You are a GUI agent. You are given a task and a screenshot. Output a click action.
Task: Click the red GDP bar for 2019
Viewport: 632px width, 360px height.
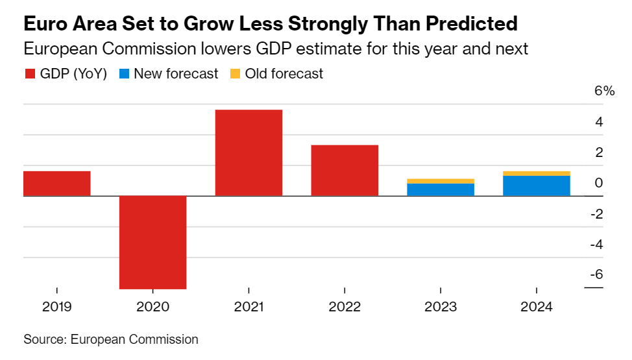(x=57, y=183)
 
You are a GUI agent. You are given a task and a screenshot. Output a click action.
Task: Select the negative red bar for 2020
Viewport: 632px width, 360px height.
(x=153, y=242)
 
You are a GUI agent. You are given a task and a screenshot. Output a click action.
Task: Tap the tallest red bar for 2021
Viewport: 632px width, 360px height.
(x=249, y=152)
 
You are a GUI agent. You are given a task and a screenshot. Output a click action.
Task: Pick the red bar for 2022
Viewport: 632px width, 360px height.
(x=345, y=170)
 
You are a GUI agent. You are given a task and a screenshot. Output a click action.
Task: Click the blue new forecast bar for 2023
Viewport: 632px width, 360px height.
(x=441, y=189)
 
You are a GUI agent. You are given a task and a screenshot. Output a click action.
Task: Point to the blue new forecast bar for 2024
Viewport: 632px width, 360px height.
(x=537, y=186)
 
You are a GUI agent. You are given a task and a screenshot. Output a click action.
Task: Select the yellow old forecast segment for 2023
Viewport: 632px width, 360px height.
(x=441, y=181)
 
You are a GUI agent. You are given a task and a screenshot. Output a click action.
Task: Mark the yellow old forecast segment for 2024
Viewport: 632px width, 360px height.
(x=537, y=173)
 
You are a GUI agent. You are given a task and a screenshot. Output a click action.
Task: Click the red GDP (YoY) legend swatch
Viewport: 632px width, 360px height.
(x=30, y=74)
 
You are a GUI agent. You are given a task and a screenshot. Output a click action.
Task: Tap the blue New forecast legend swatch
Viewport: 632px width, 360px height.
(x=124, y=74)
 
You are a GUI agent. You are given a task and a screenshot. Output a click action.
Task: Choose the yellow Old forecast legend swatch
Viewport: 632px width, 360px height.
(x=235, y=74)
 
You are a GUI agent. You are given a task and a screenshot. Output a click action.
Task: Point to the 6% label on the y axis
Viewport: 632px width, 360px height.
(x=604, y=91)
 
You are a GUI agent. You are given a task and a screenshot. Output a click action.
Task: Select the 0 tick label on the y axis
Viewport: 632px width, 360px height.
(x=599, y=183)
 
